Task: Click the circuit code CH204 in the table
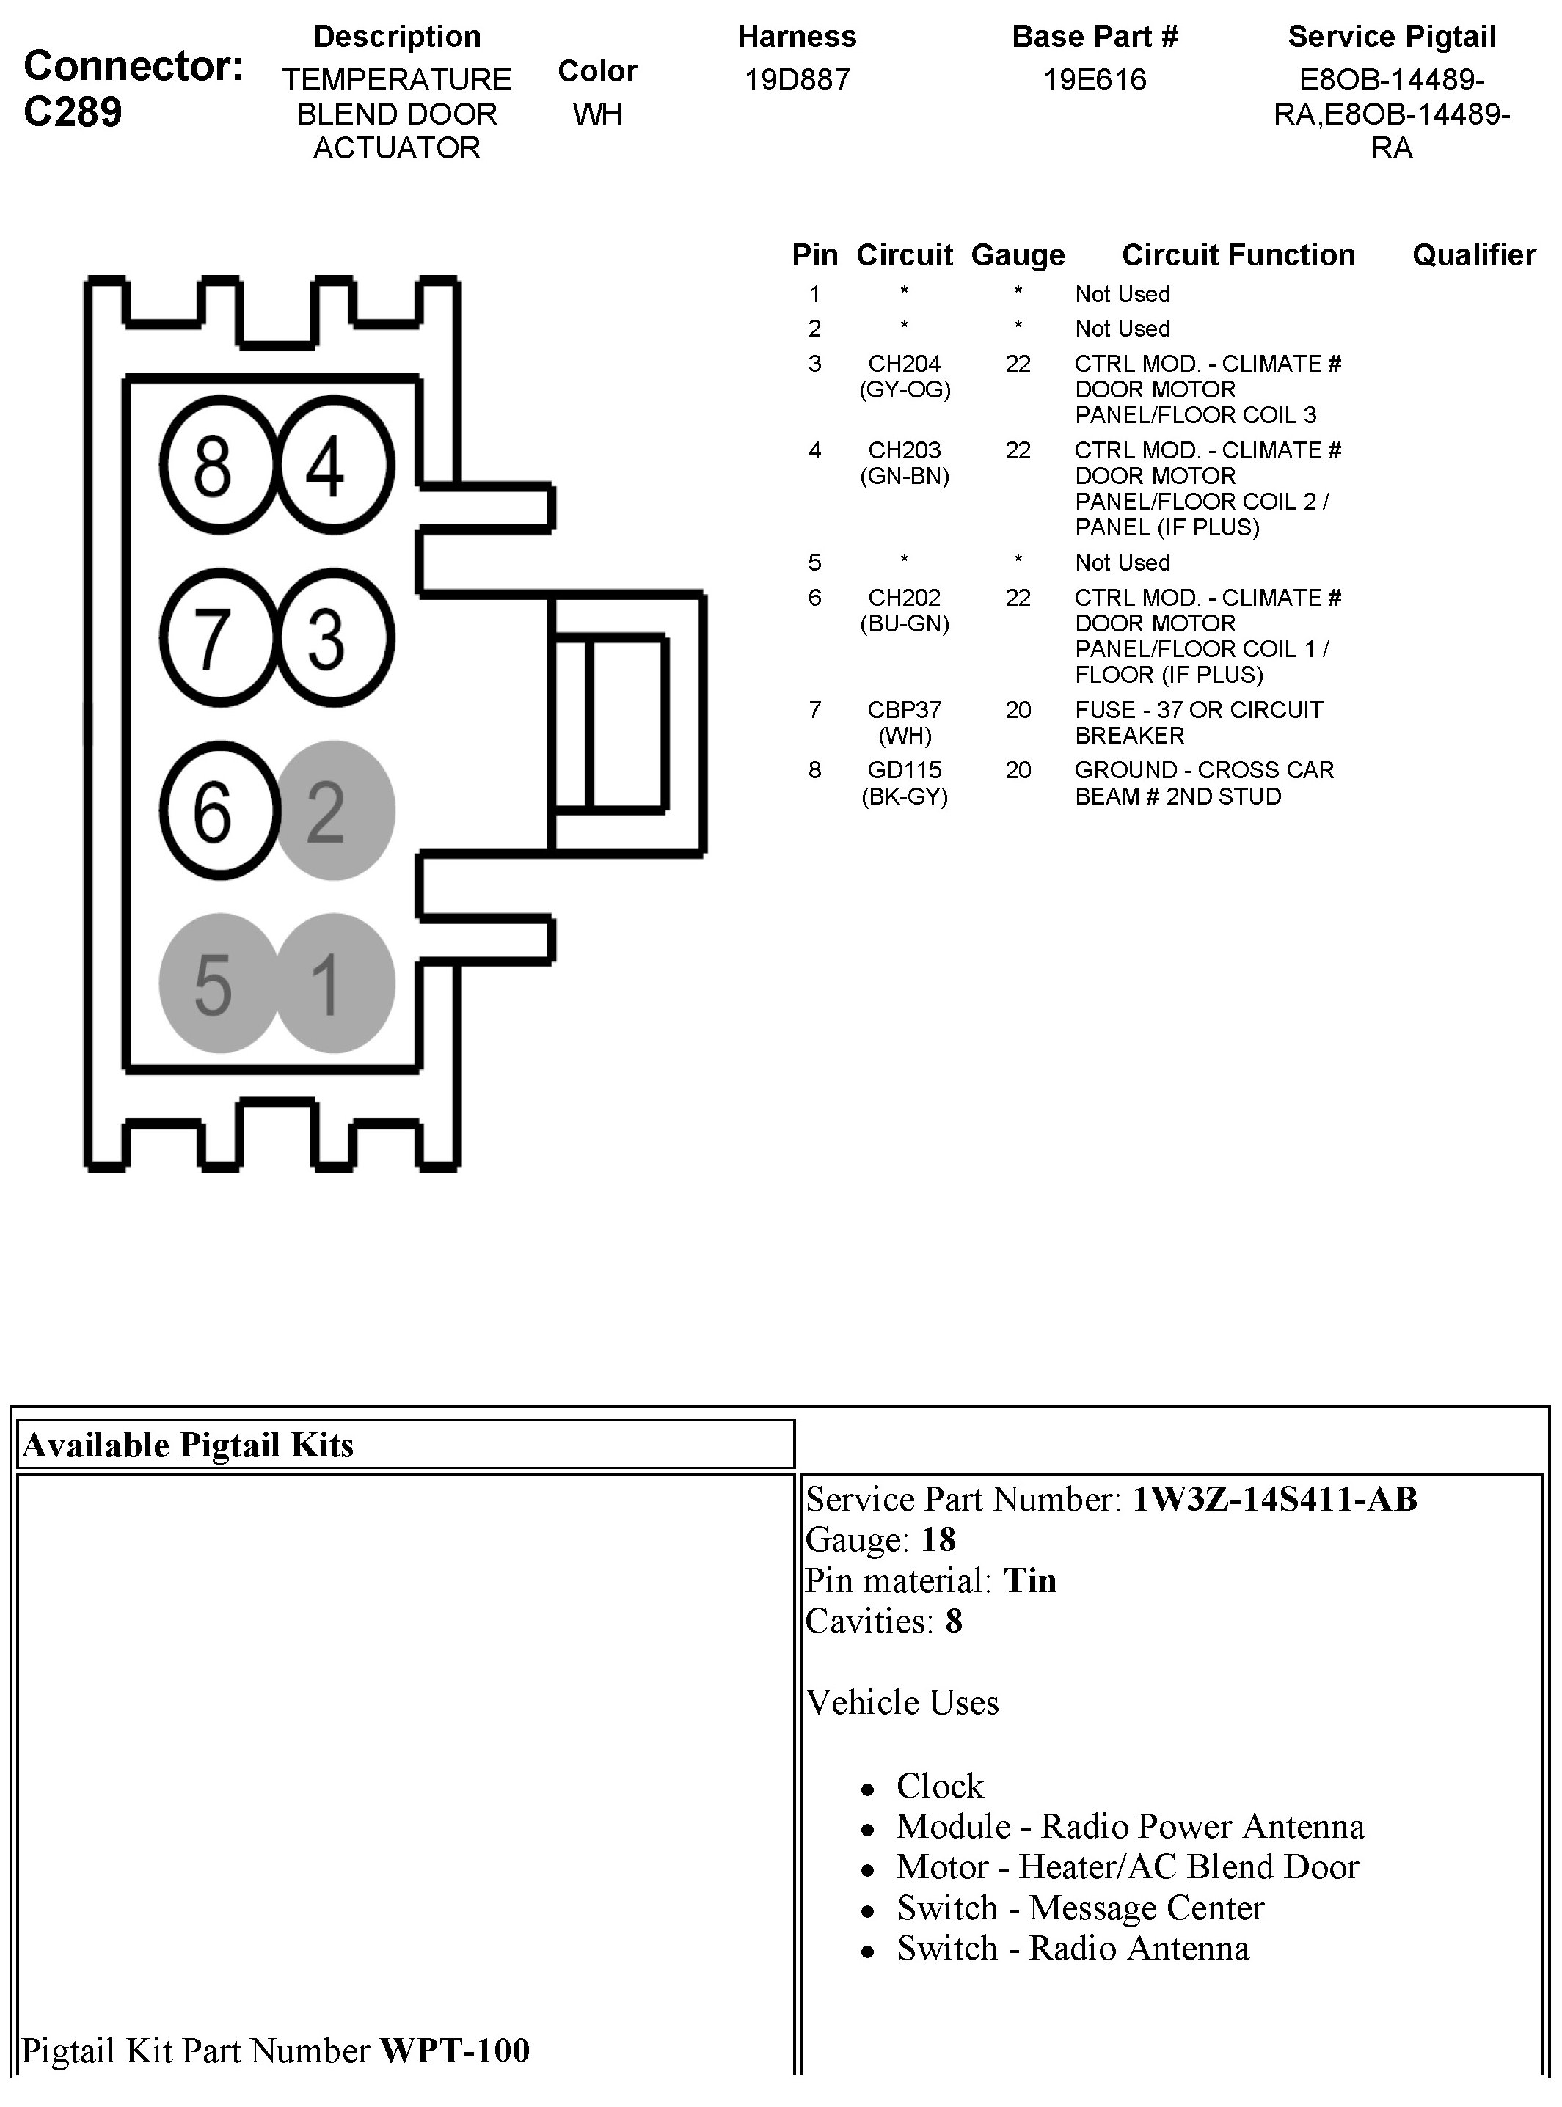coord(904,364)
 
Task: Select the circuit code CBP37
coord(904,710)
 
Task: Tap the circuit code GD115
coord(904,770)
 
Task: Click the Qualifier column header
coord(1473,255)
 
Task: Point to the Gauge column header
coord(1018,255)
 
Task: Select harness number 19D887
coord(796,79)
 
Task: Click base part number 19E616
coord(1094,79)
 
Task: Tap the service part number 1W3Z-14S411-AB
coord(1274,1499)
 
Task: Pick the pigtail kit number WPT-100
coord(455,2051)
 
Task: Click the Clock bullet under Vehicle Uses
coord(940,1786)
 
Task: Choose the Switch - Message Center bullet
coord(1080,1908)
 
